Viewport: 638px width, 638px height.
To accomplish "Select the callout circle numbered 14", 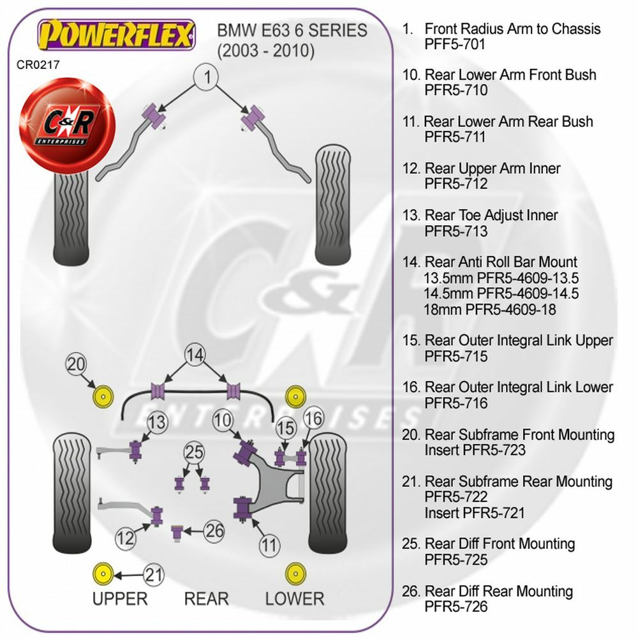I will (197, 354).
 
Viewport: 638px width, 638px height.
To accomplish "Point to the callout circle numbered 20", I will (77, 365).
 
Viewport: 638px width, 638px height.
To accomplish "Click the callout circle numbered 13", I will (157, 422).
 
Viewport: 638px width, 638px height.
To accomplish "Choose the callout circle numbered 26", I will (216, 530).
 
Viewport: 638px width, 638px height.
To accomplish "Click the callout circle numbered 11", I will (269, 545).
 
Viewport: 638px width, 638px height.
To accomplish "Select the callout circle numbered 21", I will (153, 575).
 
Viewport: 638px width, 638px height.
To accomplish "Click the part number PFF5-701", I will (455, 45).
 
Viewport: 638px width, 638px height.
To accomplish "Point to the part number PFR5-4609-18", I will (489, 309).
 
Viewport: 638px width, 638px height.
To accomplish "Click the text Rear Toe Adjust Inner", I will (491, 216).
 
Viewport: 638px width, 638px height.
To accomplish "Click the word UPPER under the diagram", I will (120, 598).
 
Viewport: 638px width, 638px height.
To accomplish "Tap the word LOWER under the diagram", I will (295, 598).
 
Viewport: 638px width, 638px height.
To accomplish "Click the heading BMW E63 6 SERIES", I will (293, 30).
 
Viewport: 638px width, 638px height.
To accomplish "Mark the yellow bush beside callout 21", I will (102, 574).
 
